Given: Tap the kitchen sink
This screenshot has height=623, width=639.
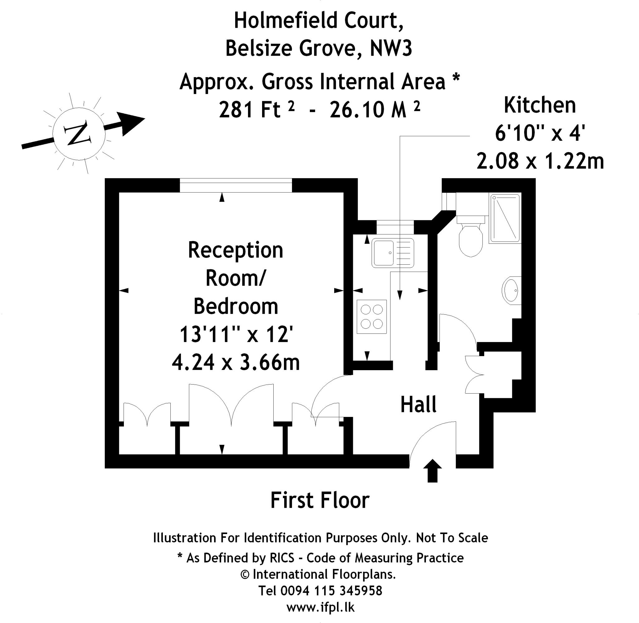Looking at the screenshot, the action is click(x=392, y=253).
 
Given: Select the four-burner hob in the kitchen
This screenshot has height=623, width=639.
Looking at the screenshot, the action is click(x=372, y=316).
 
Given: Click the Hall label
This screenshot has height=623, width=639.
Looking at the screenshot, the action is click(x=418, y=405).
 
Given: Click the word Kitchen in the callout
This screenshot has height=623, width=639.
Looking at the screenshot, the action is click(x=539, y=105).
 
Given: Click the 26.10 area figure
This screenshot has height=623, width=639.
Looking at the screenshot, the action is click(x=356, y=110).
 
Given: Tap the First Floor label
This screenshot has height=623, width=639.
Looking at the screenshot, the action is click(x=320, y=500).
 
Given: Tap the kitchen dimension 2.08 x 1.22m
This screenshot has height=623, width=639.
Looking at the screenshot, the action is click(x=540, y=161).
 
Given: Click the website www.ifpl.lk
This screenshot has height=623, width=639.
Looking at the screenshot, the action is click(x=320, y=607).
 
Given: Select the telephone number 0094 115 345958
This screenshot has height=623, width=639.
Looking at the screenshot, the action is click(x=331, y=591).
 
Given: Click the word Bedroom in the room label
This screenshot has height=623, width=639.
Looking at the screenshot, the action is click(x=236, y=307).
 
